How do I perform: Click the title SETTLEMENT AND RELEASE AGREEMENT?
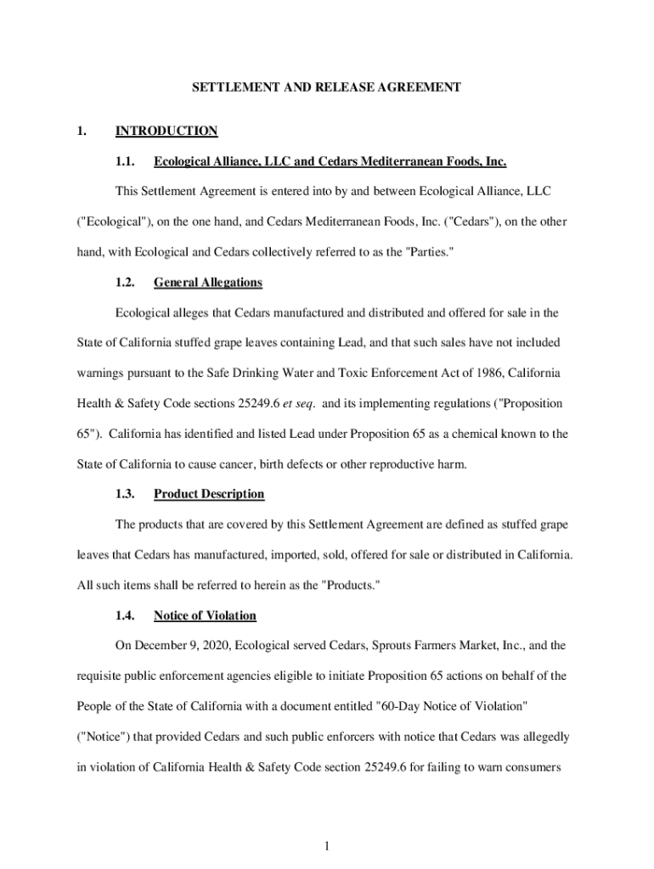click(x=326, y=87)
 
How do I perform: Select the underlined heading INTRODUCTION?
click(x=166, y=131)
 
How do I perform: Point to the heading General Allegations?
click(x=208, y=283)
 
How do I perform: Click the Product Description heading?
click(x=209, y=494)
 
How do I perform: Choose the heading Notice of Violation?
click(x=205, y=615)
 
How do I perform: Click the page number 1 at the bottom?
click(x=326, y=845)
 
